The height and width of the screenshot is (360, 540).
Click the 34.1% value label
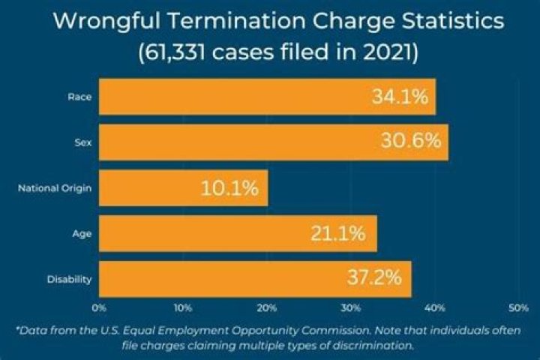point(399,97)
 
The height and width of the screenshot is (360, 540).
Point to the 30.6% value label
point(412,142)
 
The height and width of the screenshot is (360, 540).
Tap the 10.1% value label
point(229,188)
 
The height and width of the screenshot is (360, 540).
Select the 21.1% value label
point(338,234)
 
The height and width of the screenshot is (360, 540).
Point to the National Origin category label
point(55,188)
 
